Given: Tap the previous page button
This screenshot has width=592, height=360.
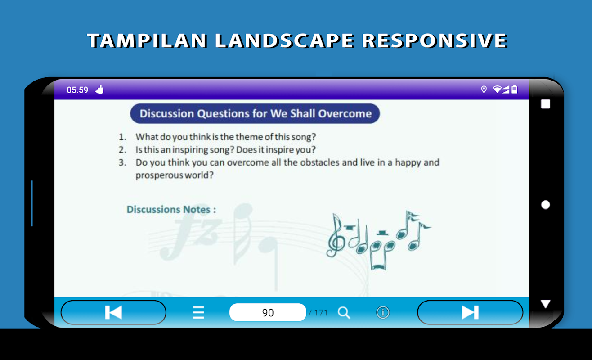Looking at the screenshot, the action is tap(113, 312).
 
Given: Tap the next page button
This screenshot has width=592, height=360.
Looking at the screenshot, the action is tap(470, 312).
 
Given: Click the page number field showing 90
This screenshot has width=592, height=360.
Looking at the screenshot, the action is tap(268, 312).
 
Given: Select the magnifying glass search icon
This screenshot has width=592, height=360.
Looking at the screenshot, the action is tap(344, 313).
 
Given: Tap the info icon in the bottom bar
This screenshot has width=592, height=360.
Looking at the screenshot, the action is tap(383, 312).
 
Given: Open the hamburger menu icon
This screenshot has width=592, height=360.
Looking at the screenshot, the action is tap(198, 312).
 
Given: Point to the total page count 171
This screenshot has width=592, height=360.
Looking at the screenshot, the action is tap(321, 313).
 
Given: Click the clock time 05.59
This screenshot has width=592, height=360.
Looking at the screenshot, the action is tap(77, 90).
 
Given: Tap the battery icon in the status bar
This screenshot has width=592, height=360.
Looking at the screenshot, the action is tap(514, 90).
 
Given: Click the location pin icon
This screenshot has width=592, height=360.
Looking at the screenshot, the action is tap(484, 90).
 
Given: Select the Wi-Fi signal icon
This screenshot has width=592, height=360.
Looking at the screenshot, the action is tap(497, 90).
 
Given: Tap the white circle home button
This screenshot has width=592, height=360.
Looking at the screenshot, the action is tap(546, 205).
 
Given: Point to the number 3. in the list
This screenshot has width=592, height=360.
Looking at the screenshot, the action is tap(122, 162).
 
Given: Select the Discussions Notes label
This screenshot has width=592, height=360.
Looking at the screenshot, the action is tap(171, 210).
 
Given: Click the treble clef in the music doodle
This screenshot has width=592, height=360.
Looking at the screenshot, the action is tap(336, 235).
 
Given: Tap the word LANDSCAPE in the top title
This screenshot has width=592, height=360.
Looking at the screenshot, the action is tap(284, 40).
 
